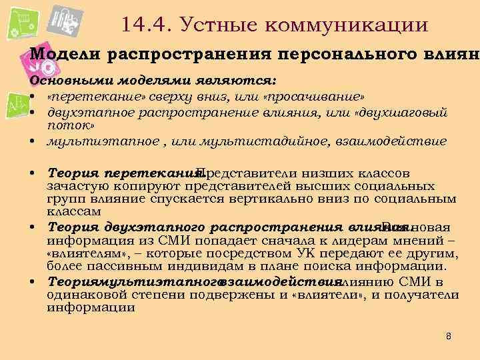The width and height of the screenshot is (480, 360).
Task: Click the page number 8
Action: coord(448,337)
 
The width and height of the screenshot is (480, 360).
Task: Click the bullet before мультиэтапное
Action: coord(32,142)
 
